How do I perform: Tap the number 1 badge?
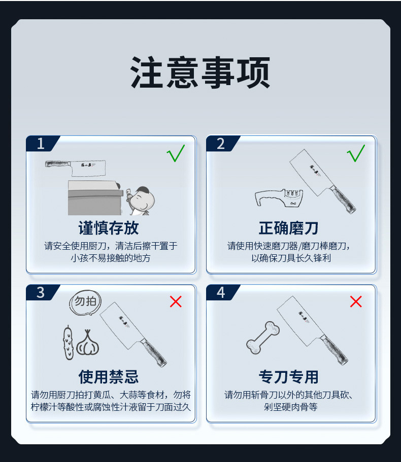(x=41, y=144)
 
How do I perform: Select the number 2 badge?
(x=221, y=144)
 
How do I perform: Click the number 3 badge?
(x=41, y=292)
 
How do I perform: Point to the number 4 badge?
(x=221, y=292)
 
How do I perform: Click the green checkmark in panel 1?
(x=176, y=153)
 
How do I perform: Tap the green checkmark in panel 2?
(x=356, y=153)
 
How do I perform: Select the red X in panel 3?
(x=176, y=302)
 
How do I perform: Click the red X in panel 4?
(x=356, y=302)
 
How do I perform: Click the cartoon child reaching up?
(x=140, y=200)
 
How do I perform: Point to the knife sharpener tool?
(x=279, y=198)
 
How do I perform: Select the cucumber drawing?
(x=68, y=343)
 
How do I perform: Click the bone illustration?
(x=263, y=337)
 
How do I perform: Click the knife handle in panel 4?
(x=336, y=350)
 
